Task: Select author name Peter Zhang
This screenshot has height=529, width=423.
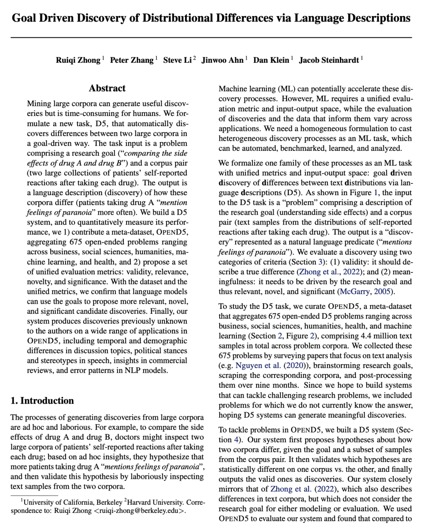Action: pos(132,60)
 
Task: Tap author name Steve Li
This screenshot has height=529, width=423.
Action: pos(177,60)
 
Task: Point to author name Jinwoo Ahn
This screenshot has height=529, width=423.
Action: pos(222,60)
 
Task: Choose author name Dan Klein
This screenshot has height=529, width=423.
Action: pos(271,60)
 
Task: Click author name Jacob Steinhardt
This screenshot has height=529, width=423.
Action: pos(329,60)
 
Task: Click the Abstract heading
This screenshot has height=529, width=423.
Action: pos(107,88)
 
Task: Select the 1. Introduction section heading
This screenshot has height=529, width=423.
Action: pos(42,400)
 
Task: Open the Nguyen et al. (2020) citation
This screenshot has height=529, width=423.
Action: pos(270,366)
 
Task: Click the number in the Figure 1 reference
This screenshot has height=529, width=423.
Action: pos(376,193)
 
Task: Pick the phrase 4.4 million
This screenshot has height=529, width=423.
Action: pos(360,336)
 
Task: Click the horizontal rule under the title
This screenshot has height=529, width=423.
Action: pos(211,38)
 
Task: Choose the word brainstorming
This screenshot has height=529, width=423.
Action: pos(336,366)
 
